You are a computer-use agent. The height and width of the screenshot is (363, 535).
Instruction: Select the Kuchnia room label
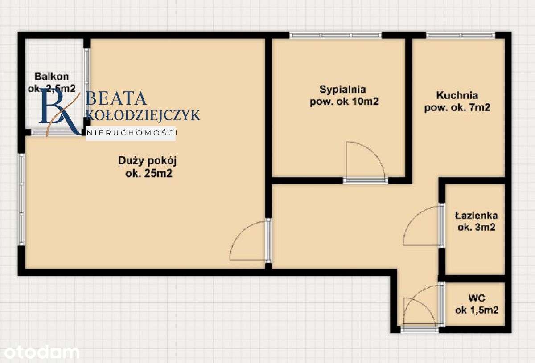pos(457,95)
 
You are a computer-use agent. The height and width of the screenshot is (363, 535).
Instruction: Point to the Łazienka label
pos(476,216)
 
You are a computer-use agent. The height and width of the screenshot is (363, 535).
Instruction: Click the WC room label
pos(477,298)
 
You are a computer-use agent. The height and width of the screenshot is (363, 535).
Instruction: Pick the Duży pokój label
pos(144,160)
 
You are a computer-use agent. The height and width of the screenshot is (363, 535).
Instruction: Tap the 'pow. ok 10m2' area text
pos(344,102)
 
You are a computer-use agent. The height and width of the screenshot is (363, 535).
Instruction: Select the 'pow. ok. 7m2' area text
pos(457,107)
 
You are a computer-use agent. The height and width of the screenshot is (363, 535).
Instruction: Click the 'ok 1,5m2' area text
pos(477,310)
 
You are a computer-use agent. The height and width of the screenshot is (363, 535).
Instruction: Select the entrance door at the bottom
pos(420,329)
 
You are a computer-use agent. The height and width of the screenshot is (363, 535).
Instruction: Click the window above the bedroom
pos(335,35)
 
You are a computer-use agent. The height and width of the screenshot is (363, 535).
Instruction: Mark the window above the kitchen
pos(460,35)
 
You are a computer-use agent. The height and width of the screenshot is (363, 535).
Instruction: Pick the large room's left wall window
pos(21,199)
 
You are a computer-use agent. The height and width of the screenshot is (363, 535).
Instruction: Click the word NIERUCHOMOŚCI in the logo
pos(132,133)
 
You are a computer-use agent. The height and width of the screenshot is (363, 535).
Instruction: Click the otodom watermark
pos(40,352)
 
